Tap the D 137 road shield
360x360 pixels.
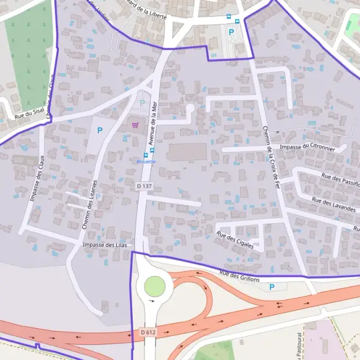(x=145, y=187)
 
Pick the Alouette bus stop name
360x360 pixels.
(x=146, y=161)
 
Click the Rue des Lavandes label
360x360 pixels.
(x=334, y=205)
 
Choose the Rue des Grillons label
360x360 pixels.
(x=239, y=277)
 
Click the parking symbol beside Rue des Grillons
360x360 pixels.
(x=272, y=287)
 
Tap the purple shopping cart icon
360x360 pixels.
(x=135, y=125)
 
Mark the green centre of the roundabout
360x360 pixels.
(x=154, y=286)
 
